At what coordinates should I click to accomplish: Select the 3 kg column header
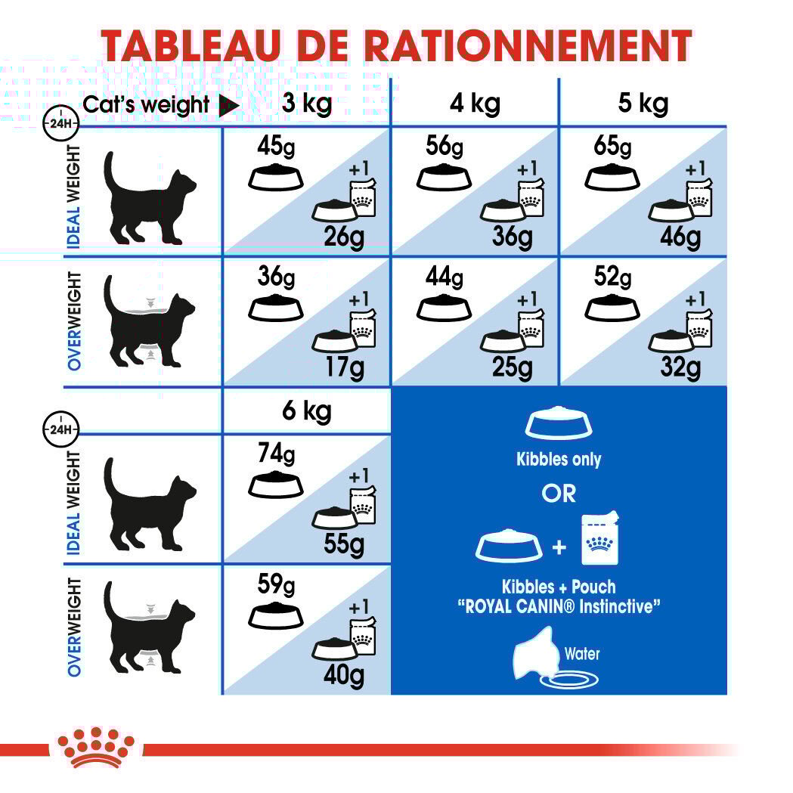(x=306, y=103)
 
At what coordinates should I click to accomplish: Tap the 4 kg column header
(x=475, y=103)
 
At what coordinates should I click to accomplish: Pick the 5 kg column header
(x=643, y=103)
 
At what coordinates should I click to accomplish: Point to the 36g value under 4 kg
(x=512, y=237)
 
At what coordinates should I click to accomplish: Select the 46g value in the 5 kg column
(x=680, y=237)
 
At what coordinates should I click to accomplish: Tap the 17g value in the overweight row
(x=344, y=367)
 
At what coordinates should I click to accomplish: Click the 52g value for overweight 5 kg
(x=612, y=277)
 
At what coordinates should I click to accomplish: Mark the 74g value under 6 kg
(x=276, y=454)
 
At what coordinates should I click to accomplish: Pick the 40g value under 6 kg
(x=344, y=675)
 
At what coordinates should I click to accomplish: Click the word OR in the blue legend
(x=559, y=494)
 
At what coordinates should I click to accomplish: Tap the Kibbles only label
(x=559, y=459)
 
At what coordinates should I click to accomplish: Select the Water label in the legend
(x=582, y=653)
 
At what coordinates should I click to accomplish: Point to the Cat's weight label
(x=146, y=104)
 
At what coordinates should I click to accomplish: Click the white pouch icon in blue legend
(x=601, y=539)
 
